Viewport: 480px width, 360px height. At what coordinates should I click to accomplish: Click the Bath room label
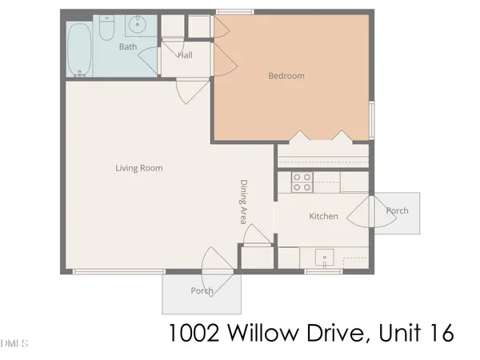(x=128, y=47)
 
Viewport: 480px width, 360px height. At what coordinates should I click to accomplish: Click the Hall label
(x=185, y=55)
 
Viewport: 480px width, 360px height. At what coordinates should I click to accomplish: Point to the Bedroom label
(x=286, y=76)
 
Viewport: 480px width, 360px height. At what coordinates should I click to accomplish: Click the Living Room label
(x=139, y=168)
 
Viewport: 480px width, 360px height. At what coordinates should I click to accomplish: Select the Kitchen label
(x=324, y=216)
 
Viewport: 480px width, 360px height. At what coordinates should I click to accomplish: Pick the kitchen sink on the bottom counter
(x=323, y=257)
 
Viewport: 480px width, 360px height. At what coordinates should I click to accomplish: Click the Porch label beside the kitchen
(x=397, y=211)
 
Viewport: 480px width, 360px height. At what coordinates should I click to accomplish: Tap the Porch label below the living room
(x=202, y=291)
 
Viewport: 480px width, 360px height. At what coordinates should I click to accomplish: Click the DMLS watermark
(x=14, y=344)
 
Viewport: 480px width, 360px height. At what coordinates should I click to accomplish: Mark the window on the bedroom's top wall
(x=235, y=12)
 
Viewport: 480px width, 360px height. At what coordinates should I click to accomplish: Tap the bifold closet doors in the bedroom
(x=322, y=138)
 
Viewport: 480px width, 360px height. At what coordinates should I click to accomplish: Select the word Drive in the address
(x=331, y=331)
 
